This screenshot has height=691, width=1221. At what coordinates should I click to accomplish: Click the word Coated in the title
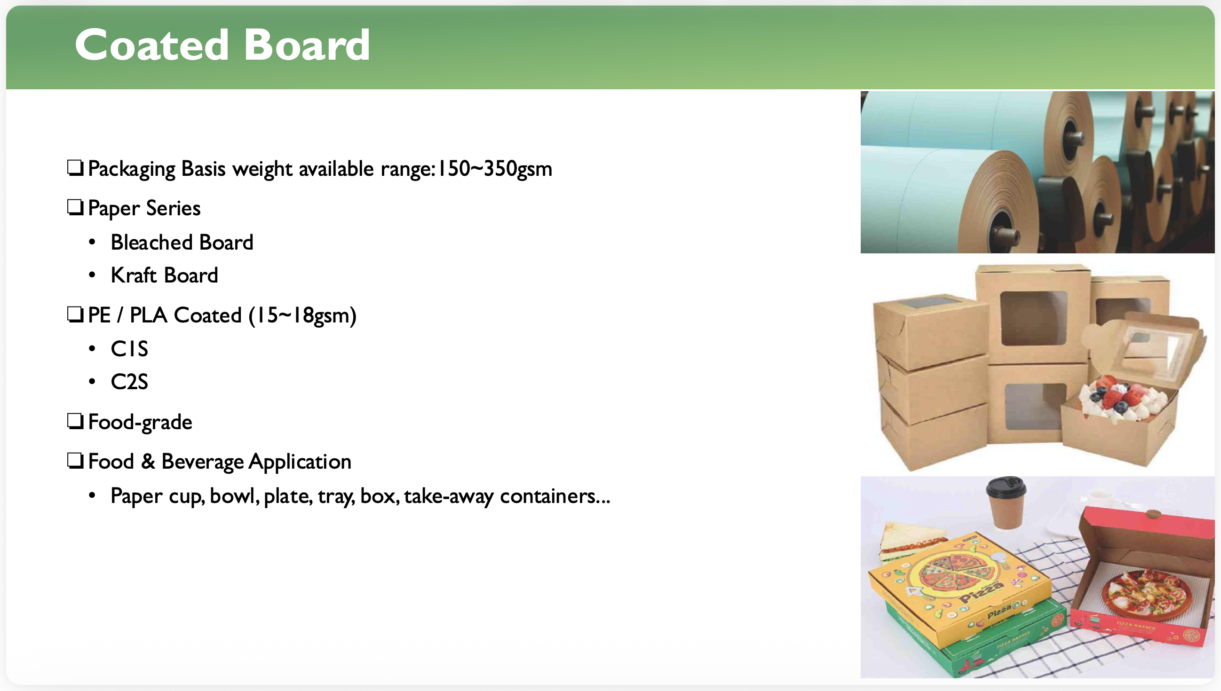point(152,45)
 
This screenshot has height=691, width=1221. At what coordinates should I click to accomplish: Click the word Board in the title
point(307,45)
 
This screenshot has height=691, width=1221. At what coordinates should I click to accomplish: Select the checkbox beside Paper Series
point(75,207)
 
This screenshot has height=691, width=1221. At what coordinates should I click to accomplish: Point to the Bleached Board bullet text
point(182,243)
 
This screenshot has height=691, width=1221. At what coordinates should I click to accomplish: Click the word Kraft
point(134,275)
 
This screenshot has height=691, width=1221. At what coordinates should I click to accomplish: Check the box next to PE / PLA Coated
point(75,314)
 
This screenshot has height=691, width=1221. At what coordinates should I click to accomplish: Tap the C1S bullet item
point(129,349)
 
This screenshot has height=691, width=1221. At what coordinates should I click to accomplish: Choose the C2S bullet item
point(129,382)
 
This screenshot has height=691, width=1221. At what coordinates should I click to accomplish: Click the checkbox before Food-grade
point(75,421)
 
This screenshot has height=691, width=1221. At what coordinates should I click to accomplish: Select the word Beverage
point(202,462)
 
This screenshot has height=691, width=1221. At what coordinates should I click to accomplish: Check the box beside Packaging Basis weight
point(75,167)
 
